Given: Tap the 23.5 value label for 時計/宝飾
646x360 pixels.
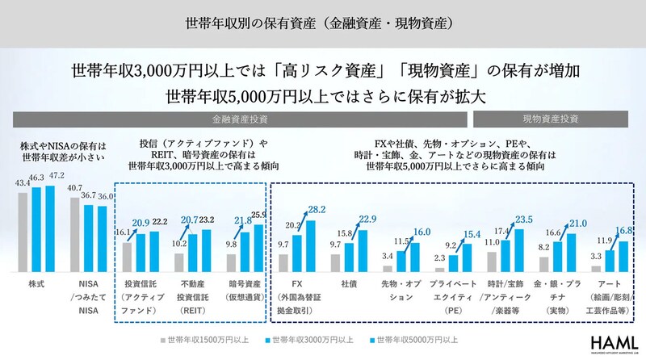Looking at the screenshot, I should click(525, 218).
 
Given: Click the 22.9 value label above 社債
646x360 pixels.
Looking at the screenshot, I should click(368, 219).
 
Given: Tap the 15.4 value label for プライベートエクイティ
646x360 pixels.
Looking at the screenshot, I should click(472, 235).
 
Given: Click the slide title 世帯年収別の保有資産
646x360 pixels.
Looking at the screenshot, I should click(323, 23).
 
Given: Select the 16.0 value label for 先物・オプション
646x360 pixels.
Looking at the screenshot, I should click(421, 231).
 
